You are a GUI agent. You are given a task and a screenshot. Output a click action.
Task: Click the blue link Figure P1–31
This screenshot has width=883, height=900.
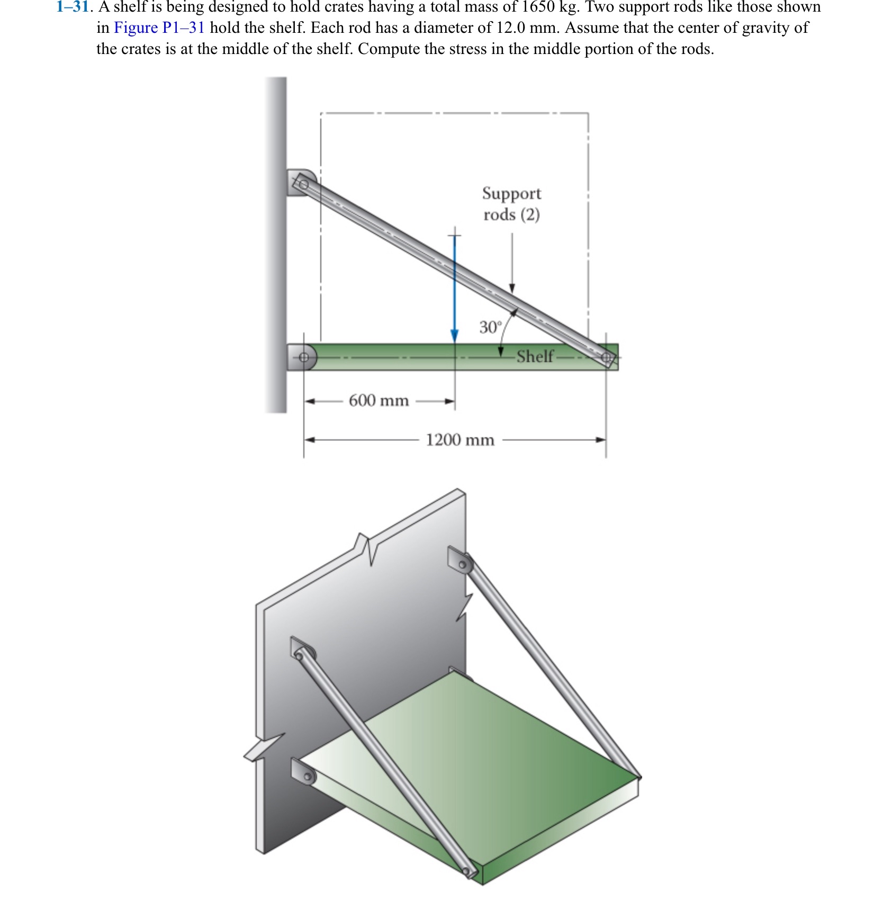coord(159,28)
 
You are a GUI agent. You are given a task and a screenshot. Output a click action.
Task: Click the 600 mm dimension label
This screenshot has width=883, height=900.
coord(379,401)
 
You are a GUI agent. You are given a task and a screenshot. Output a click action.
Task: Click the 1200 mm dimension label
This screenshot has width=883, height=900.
coord(460,440)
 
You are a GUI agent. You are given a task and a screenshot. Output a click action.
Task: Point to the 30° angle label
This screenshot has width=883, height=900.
coord(490,327)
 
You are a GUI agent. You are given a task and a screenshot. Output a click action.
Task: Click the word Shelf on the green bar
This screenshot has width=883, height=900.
coord(535,356)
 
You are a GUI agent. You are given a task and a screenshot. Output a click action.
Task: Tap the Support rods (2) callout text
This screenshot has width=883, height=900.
coord(511,204)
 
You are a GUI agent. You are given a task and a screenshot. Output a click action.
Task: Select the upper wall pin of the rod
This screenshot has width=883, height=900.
coord(303,184)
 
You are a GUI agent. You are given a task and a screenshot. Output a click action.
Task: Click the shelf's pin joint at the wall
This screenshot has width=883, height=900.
coord(303,357)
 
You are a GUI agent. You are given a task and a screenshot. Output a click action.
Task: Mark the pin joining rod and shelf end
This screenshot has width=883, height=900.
coord(606,358)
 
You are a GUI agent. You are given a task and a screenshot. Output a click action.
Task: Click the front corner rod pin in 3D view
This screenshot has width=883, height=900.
coord(467,871)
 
